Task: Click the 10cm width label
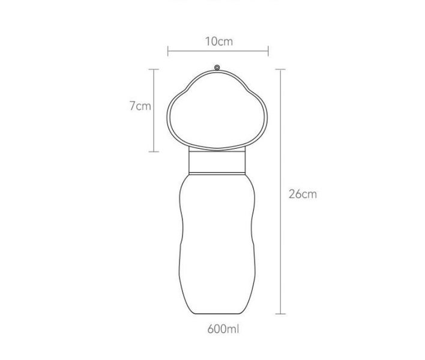tap(218, 41)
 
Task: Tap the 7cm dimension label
tap(140, 106)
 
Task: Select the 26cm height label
tap(302, 194)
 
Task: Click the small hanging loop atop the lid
tap(217, 67)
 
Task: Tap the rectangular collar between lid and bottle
tap(217, 160)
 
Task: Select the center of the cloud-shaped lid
tap(217, 112)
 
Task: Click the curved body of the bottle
tap(217, 240)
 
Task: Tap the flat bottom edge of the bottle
tap(217, 313)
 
